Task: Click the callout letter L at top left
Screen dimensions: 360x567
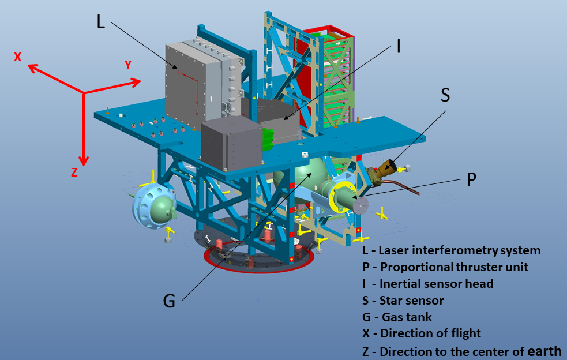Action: [x=102, y=22]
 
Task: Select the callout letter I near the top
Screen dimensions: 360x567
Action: [x=398, y=46]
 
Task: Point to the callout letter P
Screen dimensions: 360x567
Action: [x=471, y=179]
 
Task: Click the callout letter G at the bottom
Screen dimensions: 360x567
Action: [x=168, y=300]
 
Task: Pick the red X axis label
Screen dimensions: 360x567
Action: [x=18, y=57]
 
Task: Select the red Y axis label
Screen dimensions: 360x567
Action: [x=129, y=65]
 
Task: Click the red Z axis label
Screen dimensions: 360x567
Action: [x=74, y=172]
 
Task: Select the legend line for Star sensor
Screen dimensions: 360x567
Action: [x=403, y=301]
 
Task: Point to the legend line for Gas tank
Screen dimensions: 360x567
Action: [x=397, y=317]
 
